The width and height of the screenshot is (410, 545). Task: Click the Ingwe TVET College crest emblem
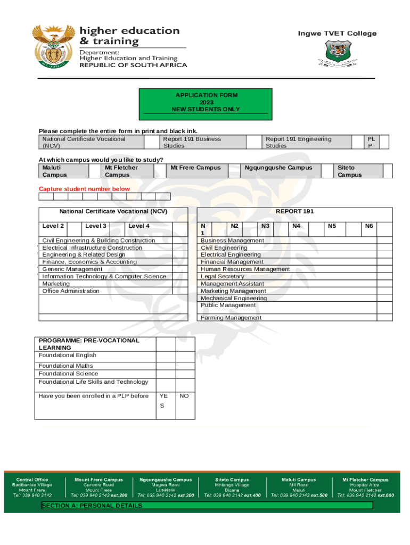[x=337, y=55]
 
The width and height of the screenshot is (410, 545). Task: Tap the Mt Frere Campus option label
[x=195, y=168]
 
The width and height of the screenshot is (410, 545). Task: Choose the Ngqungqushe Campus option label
[x=278, y=168]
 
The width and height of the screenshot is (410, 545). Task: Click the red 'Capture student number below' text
[x=84, y=189]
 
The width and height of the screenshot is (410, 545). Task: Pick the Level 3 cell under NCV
[x=96, y=226]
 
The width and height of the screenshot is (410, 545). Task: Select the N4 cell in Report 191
[x=297, y=226]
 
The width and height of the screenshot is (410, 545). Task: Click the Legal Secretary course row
[x=222, y=276]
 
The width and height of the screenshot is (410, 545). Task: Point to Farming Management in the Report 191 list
[x=231, y=318]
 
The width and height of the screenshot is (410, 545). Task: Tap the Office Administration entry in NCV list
[x=71, y=291]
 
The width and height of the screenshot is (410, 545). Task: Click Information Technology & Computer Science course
[x=104, y=276]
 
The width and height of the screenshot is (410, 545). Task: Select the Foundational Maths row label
[x=65, y=366]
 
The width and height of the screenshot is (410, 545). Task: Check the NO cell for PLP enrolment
[x=184, y=396]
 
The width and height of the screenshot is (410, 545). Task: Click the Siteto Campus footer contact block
[x=232, y=488]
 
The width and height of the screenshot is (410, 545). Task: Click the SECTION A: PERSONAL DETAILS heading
[x=92, y=506]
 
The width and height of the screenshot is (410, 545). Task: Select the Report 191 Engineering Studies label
[x=298, y=142]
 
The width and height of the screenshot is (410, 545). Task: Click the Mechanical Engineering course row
[x=234, y=298]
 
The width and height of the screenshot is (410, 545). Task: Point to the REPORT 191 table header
[x=294, y=211]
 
